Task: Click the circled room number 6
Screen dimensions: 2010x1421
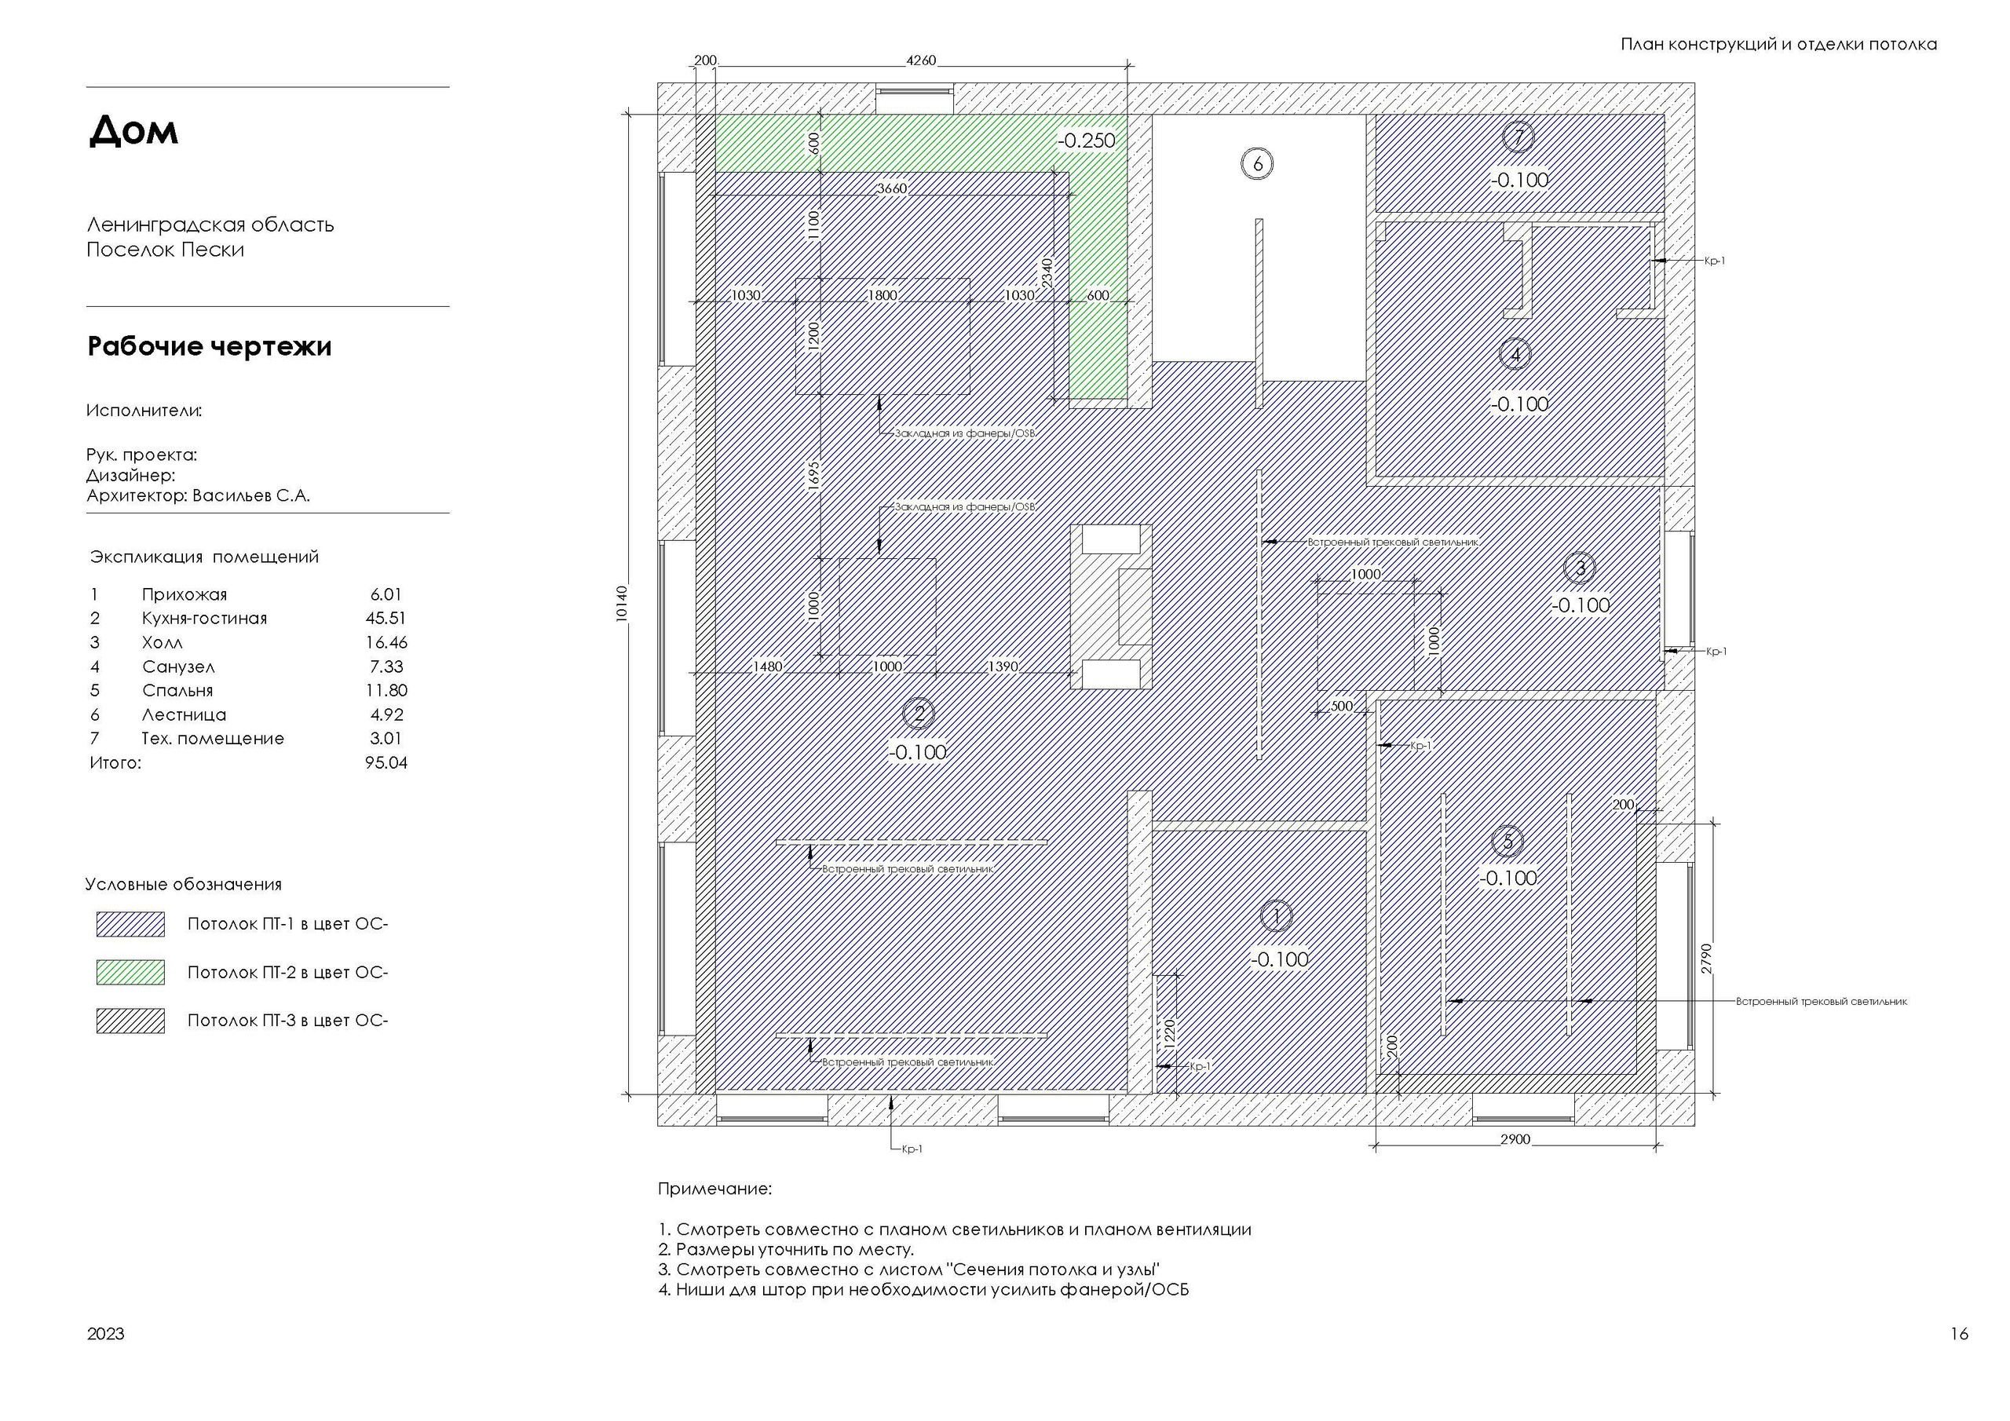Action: [x=1257, y=164]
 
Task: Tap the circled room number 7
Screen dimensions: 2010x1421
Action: [x=1518, y=137]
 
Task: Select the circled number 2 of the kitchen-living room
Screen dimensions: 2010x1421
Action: [x=919, y=714]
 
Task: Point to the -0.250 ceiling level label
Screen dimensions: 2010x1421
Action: [x=1087, y=140]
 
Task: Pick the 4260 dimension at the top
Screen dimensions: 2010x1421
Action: [x=920, y=60]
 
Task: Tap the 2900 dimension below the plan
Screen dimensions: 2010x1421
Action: [x=1515, y=1139]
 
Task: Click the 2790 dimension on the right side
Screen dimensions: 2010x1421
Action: [x=1706, y=959]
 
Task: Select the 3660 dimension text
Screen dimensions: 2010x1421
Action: [x=892, y=188]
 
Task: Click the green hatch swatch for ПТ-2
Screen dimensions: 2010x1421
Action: [x=130, y=972]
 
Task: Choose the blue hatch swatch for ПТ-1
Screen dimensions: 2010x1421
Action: [x=130, y=925]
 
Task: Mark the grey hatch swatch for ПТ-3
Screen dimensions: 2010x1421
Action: [x=130, y=1021]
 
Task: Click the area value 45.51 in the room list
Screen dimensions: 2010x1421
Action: [x=386, y=618]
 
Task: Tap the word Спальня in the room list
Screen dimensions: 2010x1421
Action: [x=177, y=691]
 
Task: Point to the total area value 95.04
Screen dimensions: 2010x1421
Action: [x=386, y=762]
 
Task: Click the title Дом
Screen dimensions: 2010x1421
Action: [x=134, y=130]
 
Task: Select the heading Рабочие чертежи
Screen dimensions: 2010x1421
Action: [x=209, y=347]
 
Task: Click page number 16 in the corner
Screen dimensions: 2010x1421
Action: [x=1959, y=1333]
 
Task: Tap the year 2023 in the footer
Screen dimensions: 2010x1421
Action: [x=106, y=1333]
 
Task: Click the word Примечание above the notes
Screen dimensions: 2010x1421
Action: [x=714, y=1189]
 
